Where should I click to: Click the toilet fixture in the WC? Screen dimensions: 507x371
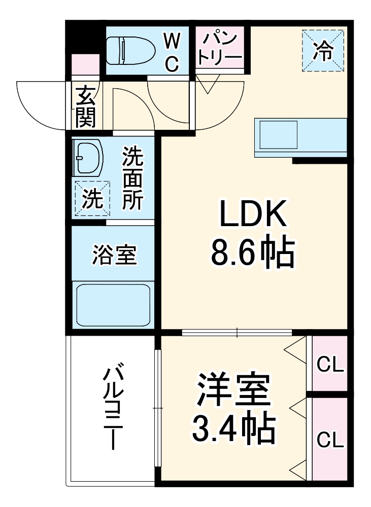[131, 50]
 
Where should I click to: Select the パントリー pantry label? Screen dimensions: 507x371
[220, 47]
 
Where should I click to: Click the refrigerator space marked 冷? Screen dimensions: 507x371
[323, 51]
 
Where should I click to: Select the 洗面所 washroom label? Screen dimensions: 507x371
[132, 178]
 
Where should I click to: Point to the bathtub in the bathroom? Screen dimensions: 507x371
[113, 306]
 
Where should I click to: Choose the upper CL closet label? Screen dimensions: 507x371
[330, 364]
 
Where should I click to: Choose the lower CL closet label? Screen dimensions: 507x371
[330, 439]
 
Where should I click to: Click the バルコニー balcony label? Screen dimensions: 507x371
[112, 406]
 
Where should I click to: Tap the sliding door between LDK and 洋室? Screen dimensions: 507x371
[237, 333]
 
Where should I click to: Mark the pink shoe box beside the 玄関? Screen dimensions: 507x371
[85, 65]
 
